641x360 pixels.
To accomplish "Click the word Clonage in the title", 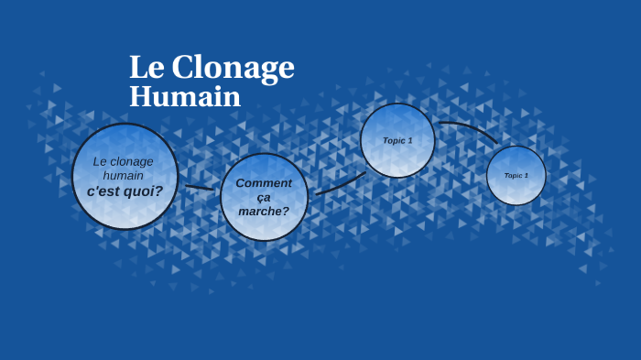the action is coord(233,68).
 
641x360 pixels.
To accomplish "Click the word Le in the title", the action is coord(146,67).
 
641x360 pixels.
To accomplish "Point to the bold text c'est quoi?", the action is coord(125,191).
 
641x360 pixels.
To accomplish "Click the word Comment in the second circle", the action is coord(264,182).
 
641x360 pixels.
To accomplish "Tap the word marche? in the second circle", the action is coord(264,212).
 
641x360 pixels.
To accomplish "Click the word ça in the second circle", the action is coord(264,197).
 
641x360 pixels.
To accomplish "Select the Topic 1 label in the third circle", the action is coord(397,140).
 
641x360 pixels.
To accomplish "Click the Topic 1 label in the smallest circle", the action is coord(516,175).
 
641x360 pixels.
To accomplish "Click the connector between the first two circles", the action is coord(199,188).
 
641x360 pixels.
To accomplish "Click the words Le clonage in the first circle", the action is coord(124,161).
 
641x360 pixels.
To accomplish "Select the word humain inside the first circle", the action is coord(124,175).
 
